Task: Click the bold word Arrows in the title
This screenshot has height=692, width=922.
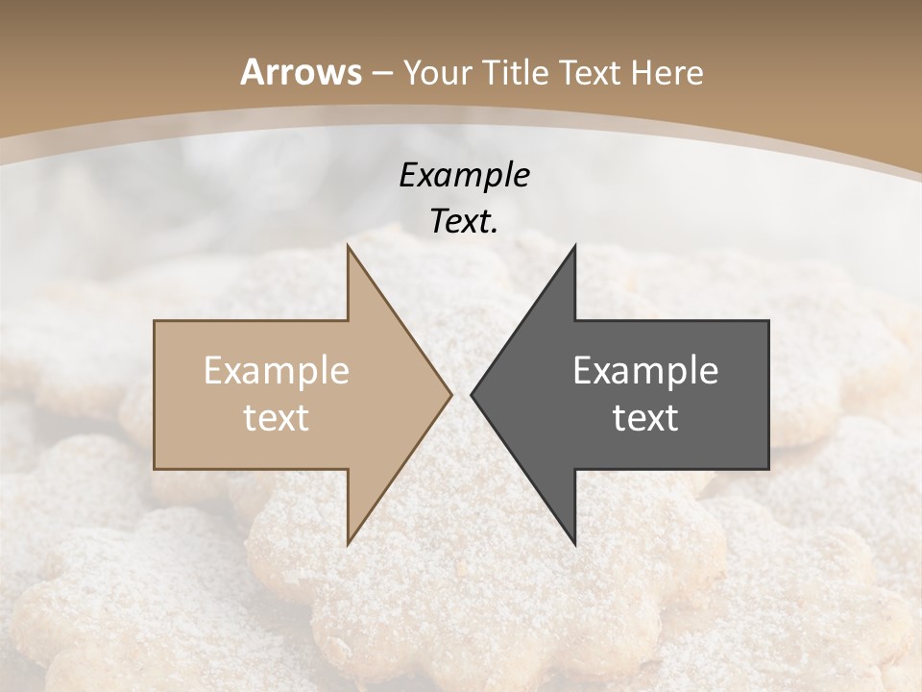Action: tap(301, 72)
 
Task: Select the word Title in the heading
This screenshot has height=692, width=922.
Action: tap(516, 73)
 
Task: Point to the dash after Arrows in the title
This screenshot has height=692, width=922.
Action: tap(381, 74)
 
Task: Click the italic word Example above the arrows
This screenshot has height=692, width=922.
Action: tap(465, 176)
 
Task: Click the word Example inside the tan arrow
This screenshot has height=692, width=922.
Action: tap(277, 371)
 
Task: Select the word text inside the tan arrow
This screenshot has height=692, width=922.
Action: tap(277, 418)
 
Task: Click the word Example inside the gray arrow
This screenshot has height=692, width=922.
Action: tap(645, 371)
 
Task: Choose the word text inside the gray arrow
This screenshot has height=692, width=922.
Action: tap(645, 418)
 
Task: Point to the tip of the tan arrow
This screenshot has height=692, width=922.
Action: tap(450, 394)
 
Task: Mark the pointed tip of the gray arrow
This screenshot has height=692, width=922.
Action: tap(472, 394)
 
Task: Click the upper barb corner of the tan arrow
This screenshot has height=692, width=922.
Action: tap(349, 247)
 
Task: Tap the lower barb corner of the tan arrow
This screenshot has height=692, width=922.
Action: tap(349, 542)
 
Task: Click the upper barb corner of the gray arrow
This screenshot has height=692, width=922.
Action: tap(574, 247)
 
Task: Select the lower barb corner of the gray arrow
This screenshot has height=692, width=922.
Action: tap(574, 542)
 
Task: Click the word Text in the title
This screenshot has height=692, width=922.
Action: tap(589, 73)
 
